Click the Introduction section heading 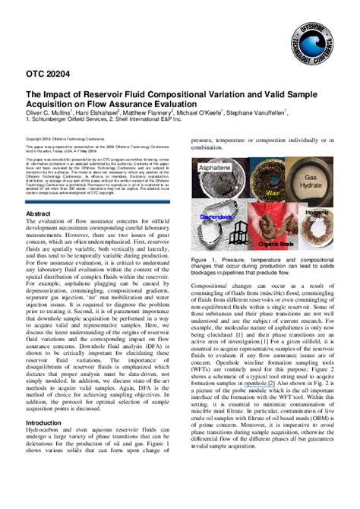click(45, 422)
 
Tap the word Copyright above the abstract click(35, 139)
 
